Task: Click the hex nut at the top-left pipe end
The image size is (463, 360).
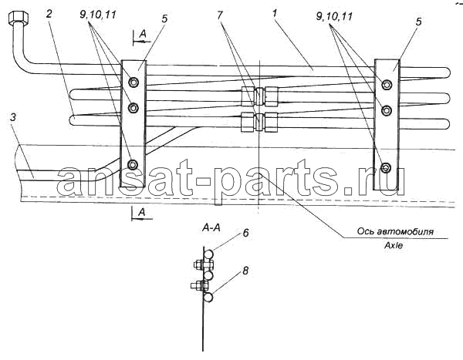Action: tap(19, 18)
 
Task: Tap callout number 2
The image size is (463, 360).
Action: tap(49, 14)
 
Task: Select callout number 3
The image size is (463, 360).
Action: tap(13, 118)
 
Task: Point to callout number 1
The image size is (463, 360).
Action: tap(275, 13)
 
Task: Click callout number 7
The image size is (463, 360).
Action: tap(219, 15)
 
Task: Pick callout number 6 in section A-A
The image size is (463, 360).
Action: tap(245, 233)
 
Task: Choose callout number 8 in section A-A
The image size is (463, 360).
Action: tap(245, 271)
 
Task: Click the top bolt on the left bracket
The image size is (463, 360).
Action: tap(133, 82)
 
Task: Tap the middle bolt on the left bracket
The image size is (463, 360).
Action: tap(133, 108)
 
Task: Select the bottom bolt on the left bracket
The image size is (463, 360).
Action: tap(133, 164)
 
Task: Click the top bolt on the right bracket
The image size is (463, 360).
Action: tap(387, 85)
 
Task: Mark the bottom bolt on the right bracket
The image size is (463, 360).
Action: tap(386, 167)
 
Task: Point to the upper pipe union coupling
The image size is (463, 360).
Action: tap(259, 96)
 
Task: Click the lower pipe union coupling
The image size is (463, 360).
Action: tap(259, 122)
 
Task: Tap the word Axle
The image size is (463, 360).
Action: tap(394, 245)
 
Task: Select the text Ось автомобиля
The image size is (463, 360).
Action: tap(395, 231)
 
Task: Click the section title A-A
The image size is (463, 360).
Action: tap(212, 228)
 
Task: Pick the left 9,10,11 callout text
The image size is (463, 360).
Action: tap(98, 15)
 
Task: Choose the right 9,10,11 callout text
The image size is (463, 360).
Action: tap(334, 16)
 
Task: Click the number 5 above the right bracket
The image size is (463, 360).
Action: tap(419, 22)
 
